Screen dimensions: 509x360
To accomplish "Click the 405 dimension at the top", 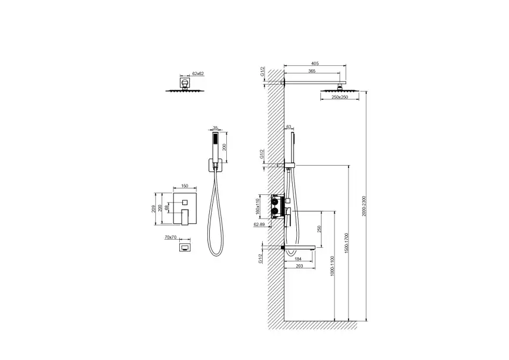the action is [314, 63].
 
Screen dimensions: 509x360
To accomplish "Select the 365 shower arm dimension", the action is [312, 71].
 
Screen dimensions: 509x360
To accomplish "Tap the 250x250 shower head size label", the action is [340, 97].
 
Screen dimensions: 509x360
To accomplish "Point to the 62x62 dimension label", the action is [197, 73].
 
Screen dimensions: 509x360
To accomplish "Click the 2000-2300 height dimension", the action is [364, 206].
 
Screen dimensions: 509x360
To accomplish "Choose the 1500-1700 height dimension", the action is [346, 243].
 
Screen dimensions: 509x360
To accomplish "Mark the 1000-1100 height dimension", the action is [332, 266].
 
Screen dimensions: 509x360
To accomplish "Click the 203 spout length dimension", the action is [299, 266].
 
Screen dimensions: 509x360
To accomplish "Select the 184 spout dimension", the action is [298, 259].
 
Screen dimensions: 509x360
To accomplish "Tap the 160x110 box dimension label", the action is [258, 206].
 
